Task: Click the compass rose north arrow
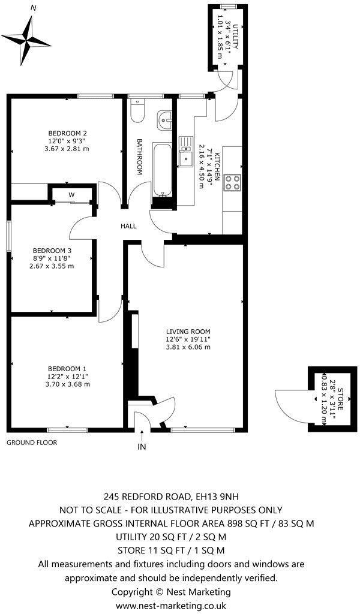pyautogui.click(x=29, y=41)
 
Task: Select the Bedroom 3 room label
pyautogui.click(x=52, y=250)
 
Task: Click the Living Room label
pyautogui.click(x=188, y=331)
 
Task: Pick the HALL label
pyautogui.click(x=128, y=226)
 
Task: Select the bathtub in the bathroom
pyautogui.click(x=161, y=170)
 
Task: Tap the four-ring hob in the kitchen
pyautogui.click(x=232, y=182)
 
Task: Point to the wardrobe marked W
pyautogui.click(x=71, y=195)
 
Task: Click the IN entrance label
pyautogui.click(x=142, y=447)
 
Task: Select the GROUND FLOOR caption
pyautogui.click(x=32, y=443)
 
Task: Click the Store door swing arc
pyautogui.click(x=287, y=400)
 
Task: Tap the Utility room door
pyautogui.click(x=224, y=82)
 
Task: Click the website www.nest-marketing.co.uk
pyautogui.click(x=170, y=606)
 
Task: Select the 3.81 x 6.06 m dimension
pyautogui.click(x=188, y=347)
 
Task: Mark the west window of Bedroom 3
pyautogui.click(x=8, y=236)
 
